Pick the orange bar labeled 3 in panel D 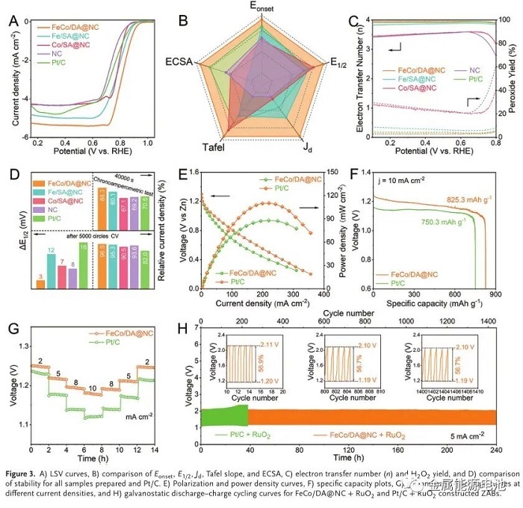40,284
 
